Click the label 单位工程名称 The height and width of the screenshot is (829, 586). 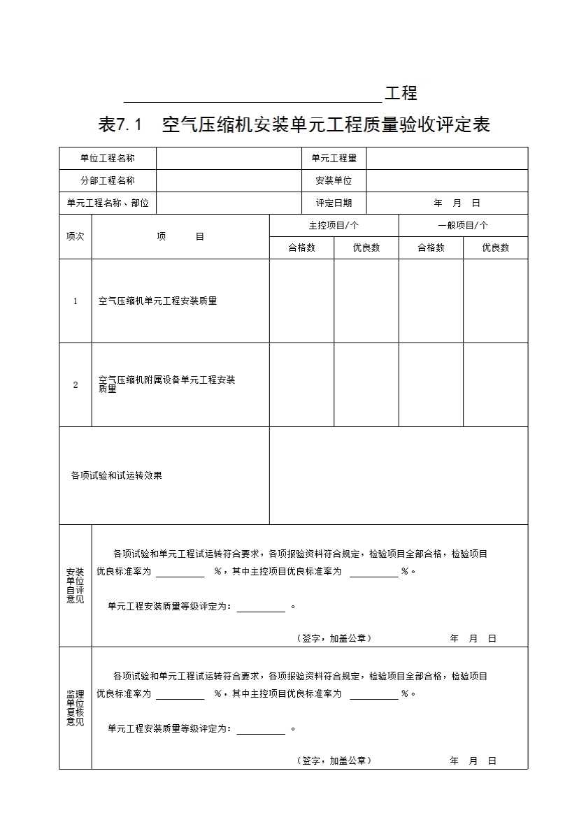pyautogui.click(x=108, y=159)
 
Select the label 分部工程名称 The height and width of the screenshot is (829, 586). pyautogui.click(x=108, y=181)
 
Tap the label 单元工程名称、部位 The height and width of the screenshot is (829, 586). pyautogui.click(x=108, y=203)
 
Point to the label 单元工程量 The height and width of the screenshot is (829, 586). pyautogui.click(x=334, y=159)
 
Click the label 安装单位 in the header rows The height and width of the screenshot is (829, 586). pyautogui.click(x=334, y=181)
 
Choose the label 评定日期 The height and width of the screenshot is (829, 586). pyautogui.click(x=334, y=203)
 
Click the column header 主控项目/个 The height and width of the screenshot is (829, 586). pyautogui.click(x=334, y=226)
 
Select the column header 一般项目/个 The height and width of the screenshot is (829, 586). pyautogui.click(x=463, y=226)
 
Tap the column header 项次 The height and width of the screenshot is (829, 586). pyautogui.click(x=75, y=236)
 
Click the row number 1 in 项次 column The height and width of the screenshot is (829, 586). pyautogui.click(x=76, y=301)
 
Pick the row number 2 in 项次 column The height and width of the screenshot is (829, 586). pyautogui.click(x=76, y=384)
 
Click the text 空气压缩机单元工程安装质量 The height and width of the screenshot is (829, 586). pyautogui.click(x=158, y=301)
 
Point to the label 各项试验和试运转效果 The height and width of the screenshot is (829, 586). pyautogui.click(x=117, y=475)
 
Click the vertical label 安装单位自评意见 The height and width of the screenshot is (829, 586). pyautogui.click(x=75, y=586)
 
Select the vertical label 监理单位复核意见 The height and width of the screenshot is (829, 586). pyautogui.click(x=75, y=708)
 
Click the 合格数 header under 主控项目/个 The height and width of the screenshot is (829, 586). pyautogui.click(x=301, y=248)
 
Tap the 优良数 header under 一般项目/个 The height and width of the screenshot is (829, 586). pyautogui.click(x=495, y=248)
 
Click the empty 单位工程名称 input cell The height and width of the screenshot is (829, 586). pyautogui.click(x=229, y=159)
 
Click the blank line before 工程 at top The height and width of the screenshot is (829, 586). pyautogui.click(x=252, y=95)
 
